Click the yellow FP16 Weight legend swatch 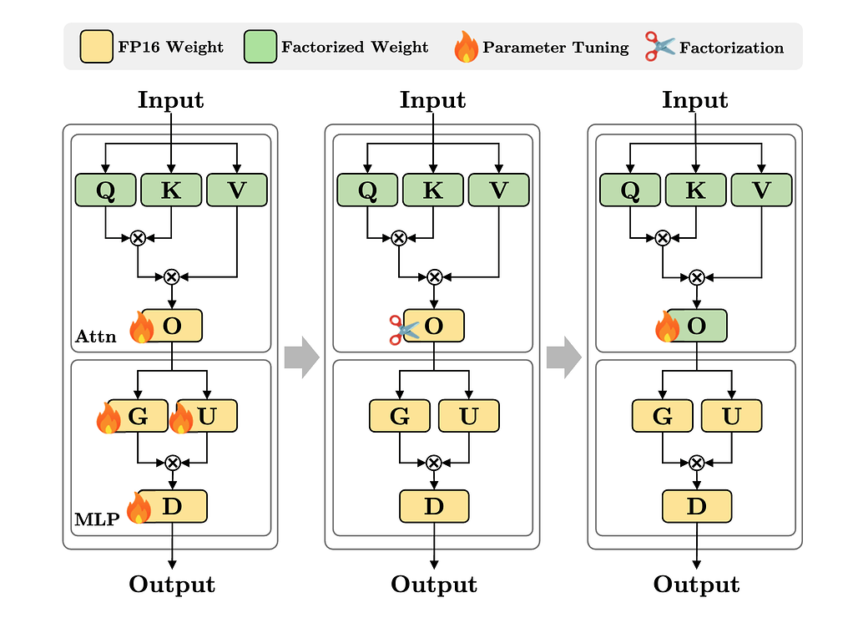click(x=96, y=47)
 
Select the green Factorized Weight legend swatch click(x=260, y=47)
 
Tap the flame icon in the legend click(x=467, y=48)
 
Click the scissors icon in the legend click(x=659, y=47)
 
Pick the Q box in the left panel click(x=105, y=190)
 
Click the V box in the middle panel click(x=498, y=190)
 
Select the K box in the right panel click(x=695, y=190)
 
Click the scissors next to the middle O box click(x=403, y=328)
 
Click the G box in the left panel click(x=138, y=416)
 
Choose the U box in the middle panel click(x=468, y=416)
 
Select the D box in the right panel click(x=696, y=506)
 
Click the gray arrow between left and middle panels click(x=301, y=357)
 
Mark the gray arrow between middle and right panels click(x=564, y=357)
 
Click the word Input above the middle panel click(x=432, y=100)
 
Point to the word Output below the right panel click(x=696, y=584)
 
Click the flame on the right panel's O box click(x=668, y=327)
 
